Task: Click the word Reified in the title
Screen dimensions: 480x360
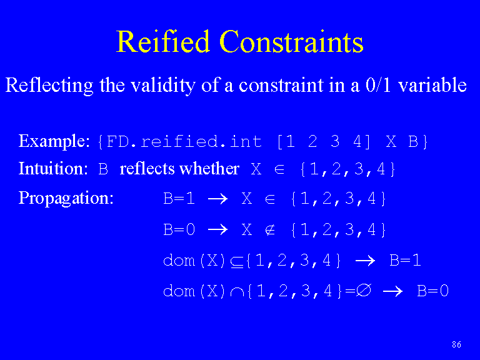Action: [162, 42]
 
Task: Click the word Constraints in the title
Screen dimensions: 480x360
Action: [291, 42]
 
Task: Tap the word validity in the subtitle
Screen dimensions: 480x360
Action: [163, 86]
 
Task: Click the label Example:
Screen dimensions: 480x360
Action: [54, 141]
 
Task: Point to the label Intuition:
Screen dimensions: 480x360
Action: [53, 168]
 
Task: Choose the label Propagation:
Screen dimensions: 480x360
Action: [66, 198]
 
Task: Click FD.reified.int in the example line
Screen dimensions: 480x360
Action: [184, 142]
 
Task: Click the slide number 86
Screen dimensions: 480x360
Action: [456, 345]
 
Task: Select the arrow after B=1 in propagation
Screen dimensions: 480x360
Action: [217, 199]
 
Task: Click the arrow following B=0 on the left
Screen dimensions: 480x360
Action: [217, 229]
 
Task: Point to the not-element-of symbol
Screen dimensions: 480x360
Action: [270, 230]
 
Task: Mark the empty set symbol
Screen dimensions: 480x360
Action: [363, 291]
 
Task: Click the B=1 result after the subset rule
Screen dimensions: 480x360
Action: [405, 261]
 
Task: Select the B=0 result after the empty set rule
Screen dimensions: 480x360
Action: [433, 291]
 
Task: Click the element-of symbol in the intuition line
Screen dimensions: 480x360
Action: [279, 169]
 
